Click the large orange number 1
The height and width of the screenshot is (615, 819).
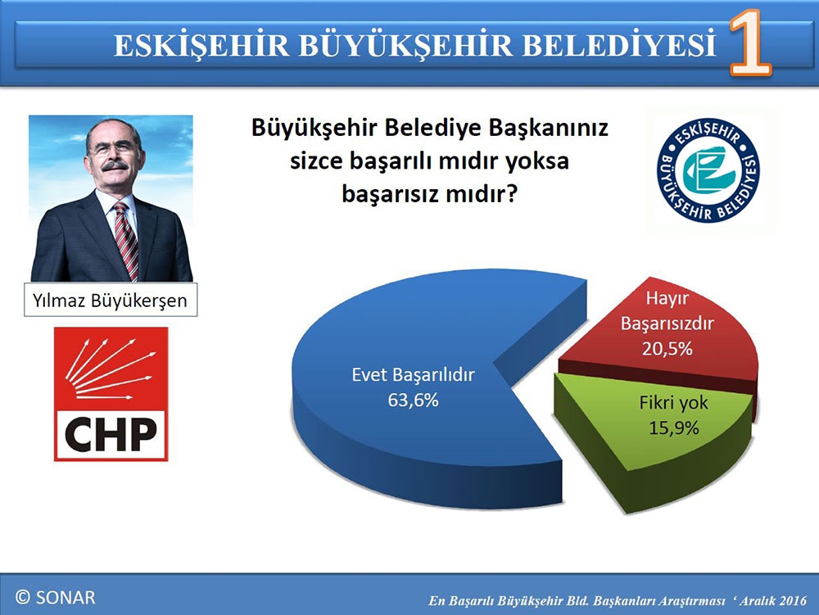tap(749, 43)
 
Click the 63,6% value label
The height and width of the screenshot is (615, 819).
tap(413, 400)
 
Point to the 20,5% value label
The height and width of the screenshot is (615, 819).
tap(667, 349)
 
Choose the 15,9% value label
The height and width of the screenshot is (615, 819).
tap(674, 428)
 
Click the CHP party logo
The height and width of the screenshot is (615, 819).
tap(111, 394)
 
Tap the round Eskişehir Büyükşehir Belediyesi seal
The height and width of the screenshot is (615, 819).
tap(708, 170)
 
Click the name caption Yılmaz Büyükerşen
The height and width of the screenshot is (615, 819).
tap(110, 301)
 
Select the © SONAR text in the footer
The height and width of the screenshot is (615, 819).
tap(56, 597)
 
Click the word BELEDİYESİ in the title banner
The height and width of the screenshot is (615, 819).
tap(619, 45)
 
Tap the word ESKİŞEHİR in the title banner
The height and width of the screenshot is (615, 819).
tap(201, 45)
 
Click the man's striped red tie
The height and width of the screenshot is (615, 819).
tap(126, 240)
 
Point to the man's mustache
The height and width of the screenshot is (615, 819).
tap(115, 166)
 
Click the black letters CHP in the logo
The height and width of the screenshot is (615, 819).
tap(111, 434)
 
